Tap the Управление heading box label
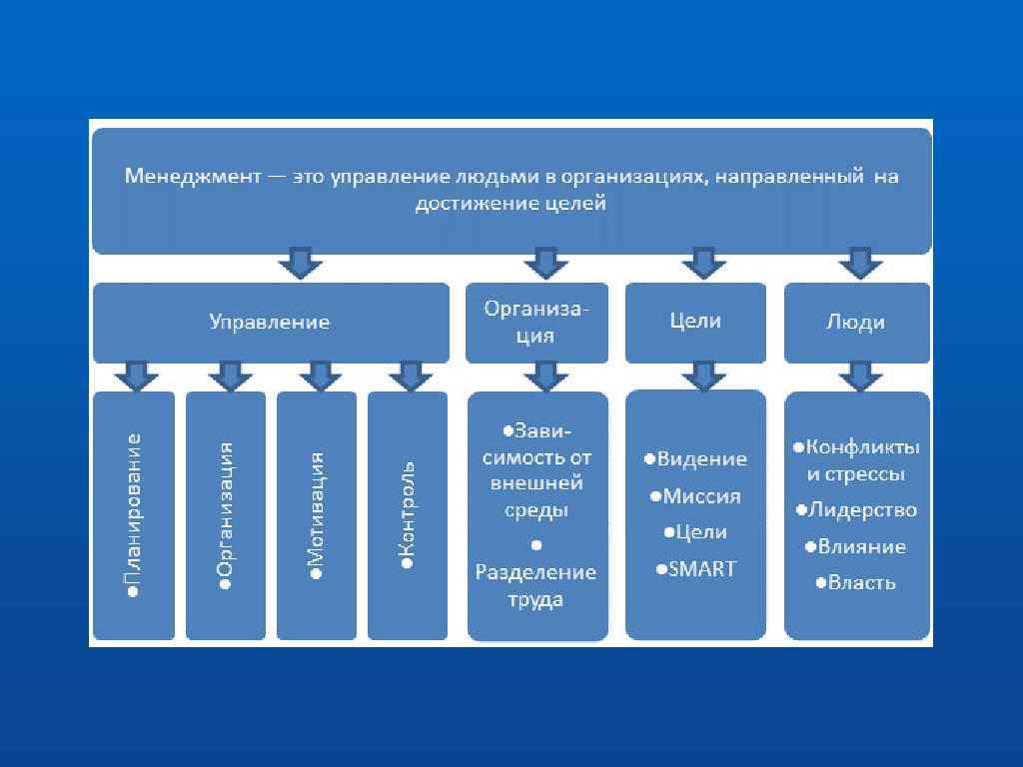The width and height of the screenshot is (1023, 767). coord(269,323)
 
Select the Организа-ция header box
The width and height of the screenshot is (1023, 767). coord(536,323)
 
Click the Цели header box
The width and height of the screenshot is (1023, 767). coord(695,322)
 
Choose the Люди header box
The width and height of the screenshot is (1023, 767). coord(856,323)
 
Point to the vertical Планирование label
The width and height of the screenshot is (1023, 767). coord(134,515)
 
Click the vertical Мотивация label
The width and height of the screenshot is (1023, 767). coord(317,515)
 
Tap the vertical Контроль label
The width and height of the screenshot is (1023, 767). coord(408,515)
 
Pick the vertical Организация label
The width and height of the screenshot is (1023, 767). coord(226,515)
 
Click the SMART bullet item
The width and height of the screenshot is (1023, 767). coord(696,569)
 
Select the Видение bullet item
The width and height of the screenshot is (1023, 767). coord(696,459)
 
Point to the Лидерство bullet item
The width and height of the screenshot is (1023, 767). coord(856,510)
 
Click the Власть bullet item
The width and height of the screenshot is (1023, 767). coord(856,583)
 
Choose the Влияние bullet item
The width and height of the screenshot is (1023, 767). coord(856,547)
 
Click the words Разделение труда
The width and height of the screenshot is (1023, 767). coord(535,586)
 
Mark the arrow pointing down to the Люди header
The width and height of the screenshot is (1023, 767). coord(856,264)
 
